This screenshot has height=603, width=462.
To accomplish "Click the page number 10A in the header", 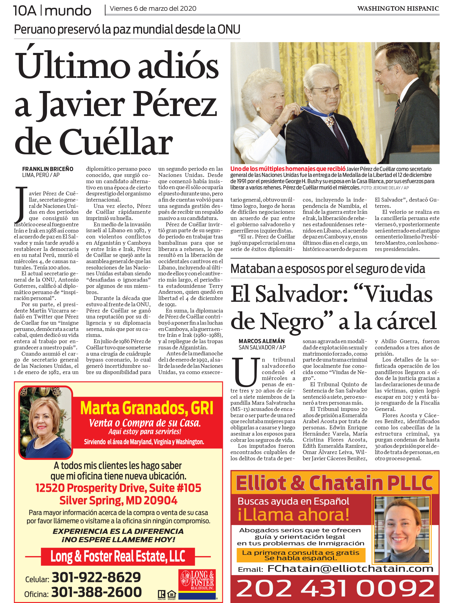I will [x=25, y=11].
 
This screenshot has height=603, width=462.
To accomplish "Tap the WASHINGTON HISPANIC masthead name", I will [x=398, y=9].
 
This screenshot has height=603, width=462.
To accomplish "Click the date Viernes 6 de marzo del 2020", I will [x=153, y=9].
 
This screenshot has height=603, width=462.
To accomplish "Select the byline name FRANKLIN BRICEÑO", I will [x=48, y=169].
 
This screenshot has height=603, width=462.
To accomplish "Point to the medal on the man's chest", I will [x=329, y=121].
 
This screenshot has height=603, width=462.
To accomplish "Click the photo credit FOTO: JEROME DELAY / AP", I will [x=385, y=188].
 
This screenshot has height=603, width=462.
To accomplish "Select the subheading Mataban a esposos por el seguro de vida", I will [x=328, y=269].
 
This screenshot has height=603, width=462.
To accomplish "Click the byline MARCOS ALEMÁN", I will [x=262, y=341].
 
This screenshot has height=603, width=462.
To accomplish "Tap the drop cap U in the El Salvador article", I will [x=245, y=372].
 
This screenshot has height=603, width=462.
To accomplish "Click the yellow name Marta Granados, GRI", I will [x=147, y=408].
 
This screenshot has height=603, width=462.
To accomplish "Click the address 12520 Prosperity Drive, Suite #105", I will [x=118, y=488].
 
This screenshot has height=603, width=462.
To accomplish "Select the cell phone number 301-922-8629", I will [x=96, y=577].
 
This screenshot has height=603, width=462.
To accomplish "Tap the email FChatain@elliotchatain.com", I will [x=350, y=569].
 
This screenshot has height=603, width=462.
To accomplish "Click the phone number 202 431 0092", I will [x=335, y=588].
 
